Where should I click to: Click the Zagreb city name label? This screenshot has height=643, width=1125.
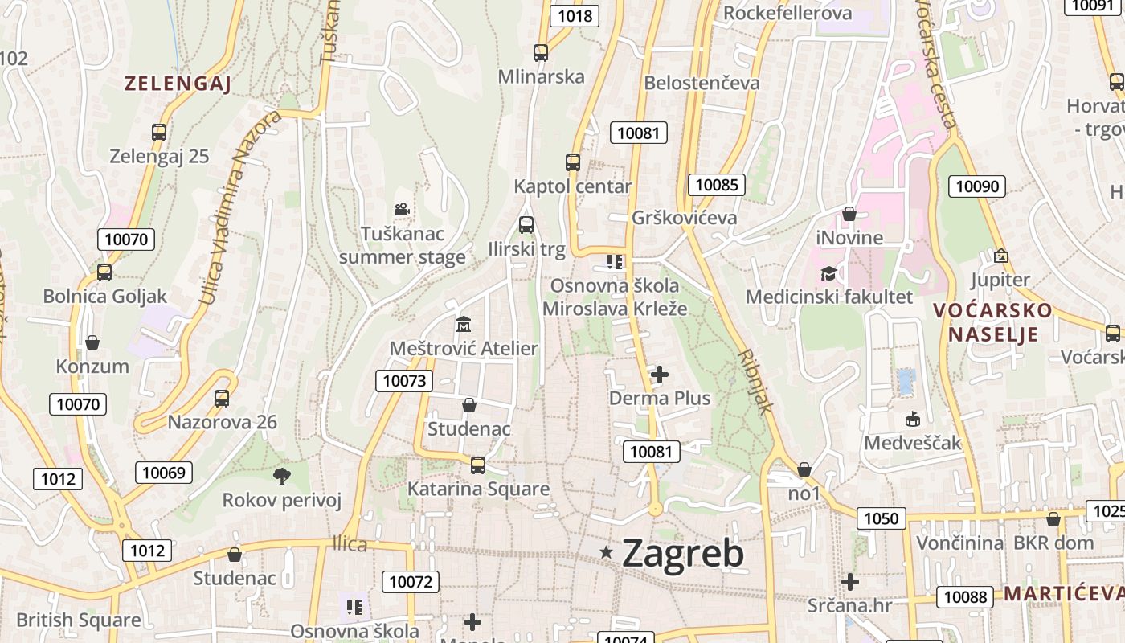click(x=682, y=554)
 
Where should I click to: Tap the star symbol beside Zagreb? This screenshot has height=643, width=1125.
click(x=607, y=552)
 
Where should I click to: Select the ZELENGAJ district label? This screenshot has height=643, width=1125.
click(x=178, y=84)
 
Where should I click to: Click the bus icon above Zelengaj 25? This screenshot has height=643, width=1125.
click(x=159, y=133)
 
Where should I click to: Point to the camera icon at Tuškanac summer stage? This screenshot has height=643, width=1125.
click(x=402, y=210)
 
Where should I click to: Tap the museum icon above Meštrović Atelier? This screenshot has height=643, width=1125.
click(x=464, y=325)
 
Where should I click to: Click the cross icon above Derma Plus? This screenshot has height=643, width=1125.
click(x=660, y=375)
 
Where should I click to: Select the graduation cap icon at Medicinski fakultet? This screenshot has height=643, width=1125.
click(x=828, y=273)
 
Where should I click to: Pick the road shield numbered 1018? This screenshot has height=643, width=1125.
click(x=575, y=15)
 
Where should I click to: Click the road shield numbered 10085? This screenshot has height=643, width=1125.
click(x=716, y=185)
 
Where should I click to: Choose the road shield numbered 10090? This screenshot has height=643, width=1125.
click(x=977, y=186)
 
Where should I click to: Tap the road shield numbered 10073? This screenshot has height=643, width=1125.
click(x=404, y=380)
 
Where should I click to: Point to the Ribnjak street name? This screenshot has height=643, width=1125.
click(x=755, y=380)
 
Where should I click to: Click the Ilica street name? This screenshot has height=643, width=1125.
click(x=350, y=545)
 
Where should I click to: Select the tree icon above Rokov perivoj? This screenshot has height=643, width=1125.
click(x=281, y=477)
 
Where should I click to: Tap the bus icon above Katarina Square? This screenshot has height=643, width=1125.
click(x=478, y=465)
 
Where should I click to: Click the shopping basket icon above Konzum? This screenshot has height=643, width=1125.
click(x=92, y=342)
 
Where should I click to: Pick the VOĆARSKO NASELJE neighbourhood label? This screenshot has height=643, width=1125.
click(x=992, y=321)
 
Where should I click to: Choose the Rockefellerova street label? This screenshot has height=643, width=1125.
click(x=787, y=14)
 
